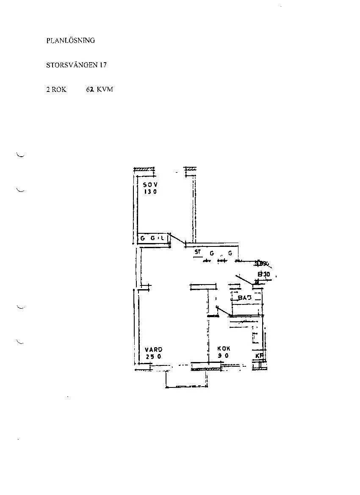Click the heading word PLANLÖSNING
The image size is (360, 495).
click(x=70, y=41)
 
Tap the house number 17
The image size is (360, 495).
click(x=103, y=65)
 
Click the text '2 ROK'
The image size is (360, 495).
click(x=56, y=90)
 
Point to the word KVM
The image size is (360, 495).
click(x=105, y=90)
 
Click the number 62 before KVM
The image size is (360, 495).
click(x=89, y=90)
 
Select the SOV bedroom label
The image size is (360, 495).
click(x=150, y=185)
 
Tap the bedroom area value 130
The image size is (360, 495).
click(x=150, y=191)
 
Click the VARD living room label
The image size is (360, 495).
click(x=153, y=349)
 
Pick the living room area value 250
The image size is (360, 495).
click(x=153, y=356)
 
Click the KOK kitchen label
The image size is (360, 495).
click(x=224, y=349)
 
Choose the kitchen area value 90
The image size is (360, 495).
click(x=224, y=356)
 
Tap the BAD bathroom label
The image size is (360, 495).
click(x=244, y=298)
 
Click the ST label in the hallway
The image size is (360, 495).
click(x=197, y=252)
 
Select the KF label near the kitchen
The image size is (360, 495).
click(x=259, y=356)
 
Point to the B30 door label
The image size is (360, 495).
click(x=264, y=274)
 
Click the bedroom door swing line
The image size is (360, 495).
click(x=177, y=239)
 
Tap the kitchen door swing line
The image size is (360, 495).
click(x=223, y=312)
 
